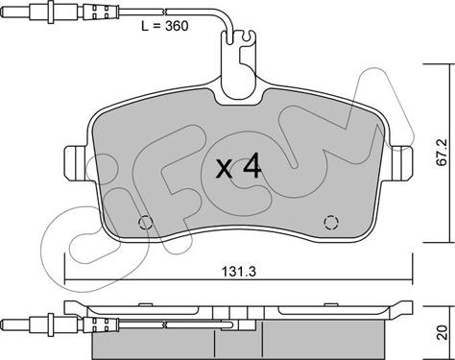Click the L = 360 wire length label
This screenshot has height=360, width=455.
165,26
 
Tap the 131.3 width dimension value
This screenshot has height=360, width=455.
239,272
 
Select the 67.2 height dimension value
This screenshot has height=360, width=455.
443,152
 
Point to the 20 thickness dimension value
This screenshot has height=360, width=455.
442,332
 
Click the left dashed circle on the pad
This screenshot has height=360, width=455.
145,222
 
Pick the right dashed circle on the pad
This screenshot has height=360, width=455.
331,222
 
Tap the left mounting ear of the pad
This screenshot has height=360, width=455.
76,163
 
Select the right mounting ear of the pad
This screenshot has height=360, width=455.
401,163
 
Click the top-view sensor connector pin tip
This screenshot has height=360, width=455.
4,12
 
